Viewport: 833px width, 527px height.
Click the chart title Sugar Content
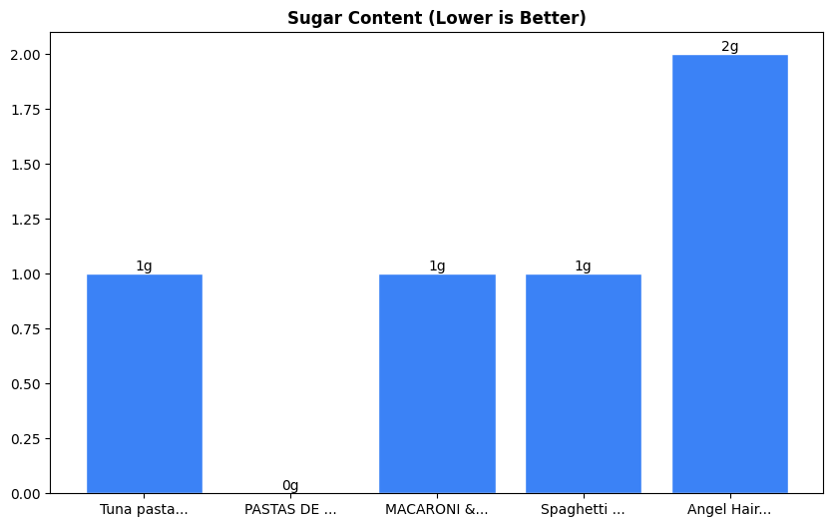437,18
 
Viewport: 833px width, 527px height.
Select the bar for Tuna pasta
145,383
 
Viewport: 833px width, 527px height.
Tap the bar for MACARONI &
437,383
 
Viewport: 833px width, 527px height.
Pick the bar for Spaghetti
584,383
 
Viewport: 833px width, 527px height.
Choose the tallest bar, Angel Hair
729,274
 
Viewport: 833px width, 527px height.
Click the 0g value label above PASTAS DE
290,486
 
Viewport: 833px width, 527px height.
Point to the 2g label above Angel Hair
729,47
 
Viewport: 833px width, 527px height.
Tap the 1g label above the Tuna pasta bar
145,266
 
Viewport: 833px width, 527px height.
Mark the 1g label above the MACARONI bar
437,266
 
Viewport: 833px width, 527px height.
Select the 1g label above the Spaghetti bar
584,266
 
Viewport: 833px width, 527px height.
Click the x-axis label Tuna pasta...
144,510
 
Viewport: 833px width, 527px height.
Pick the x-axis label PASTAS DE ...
290,510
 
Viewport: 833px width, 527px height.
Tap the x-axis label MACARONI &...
437,510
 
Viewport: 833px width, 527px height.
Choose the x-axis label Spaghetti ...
584,510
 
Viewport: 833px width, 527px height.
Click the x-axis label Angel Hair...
729,510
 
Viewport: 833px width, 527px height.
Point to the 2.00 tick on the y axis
25,55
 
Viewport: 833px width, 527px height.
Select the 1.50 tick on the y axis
25,165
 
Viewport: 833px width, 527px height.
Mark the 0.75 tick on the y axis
25,329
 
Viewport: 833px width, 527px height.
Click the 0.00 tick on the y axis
25,494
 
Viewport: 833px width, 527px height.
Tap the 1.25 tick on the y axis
25,220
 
